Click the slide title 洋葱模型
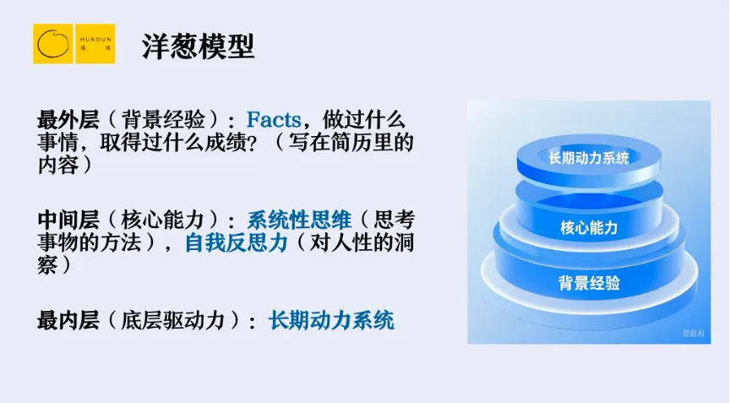(199, 46)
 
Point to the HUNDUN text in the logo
(95, 40)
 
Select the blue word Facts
(274, 120)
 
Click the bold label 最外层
(68, 120)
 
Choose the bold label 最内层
(68, 321)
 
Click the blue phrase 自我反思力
(237, 243)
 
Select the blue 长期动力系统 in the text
(331, 321)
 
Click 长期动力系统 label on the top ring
(588, 158)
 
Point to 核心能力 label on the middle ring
(589, 227)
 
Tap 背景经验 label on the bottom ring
(589, 283)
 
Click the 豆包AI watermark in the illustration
(693, 333)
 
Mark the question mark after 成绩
(252, 144)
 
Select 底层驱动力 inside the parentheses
(172, 321)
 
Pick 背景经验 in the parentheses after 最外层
(163, 120)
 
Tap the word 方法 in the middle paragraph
(121, 243)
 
